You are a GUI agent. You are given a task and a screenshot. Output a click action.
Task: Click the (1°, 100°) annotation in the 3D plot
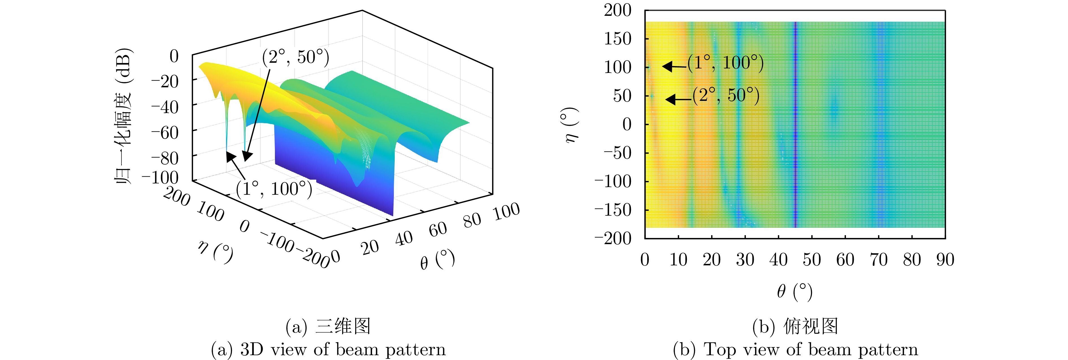(273, 189)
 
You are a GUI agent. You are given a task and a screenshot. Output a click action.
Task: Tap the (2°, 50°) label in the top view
(726, 96)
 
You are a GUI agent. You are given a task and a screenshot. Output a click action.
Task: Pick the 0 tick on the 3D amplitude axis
(174, 56)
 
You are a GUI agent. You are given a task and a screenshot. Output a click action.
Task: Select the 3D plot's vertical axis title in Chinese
(123, 117)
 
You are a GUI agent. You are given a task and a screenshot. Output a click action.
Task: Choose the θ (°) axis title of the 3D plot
(437, 260)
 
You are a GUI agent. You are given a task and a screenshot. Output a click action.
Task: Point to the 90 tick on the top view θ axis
(945, 260)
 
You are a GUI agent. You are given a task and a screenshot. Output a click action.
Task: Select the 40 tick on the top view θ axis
(778, 260)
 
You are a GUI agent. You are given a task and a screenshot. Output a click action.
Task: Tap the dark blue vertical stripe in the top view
(795, 124)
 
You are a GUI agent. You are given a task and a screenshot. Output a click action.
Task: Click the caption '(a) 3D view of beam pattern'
(328, 350)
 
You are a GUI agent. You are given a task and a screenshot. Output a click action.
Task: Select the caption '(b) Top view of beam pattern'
(795, 350)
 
